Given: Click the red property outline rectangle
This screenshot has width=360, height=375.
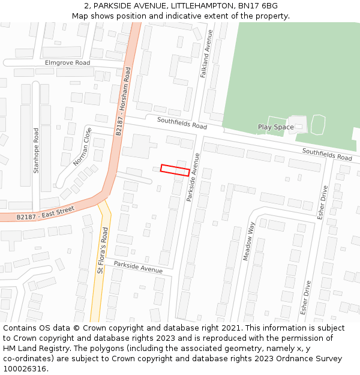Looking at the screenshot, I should coord(175,170).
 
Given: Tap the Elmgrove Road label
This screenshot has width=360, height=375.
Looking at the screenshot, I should coord(67,62).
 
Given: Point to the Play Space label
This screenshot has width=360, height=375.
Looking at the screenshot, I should coord(276,127).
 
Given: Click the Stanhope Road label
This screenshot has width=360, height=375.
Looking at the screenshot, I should coord(36,150).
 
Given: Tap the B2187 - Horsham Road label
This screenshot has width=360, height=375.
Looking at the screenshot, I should coord(123,101).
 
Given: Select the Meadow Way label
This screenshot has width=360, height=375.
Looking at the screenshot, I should coord(249,241).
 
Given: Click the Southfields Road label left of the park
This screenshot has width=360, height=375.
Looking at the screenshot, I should coord(182,123).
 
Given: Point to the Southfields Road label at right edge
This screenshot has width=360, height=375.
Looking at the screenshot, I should coord(327,154).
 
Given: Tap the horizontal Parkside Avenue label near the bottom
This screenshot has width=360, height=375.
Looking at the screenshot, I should coord(138,266).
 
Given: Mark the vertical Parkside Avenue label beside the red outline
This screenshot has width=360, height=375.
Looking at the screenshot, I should coord(193,176).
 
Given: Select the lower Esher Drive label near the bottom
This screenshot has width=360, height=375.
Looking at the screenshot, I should coord(305,297).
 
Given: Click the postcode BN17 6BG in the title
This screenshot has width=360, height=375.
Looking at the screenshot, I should coord(258,5).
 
